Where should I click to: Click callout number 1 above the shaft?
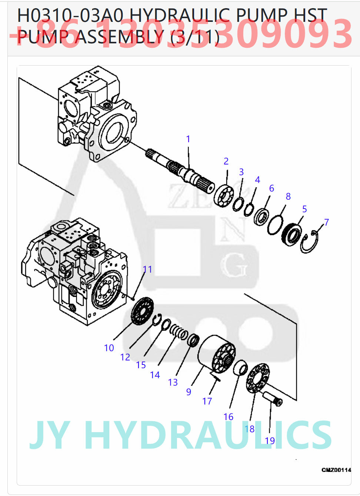(x=188, y=139)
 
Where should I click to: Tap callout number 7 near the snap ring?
(x=326, y=222)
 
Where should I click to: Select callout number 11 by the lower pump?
(x=147, y=269)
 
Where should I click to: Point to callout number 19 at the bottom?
(x=270, y=440)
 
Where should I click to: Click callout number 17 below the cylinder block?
(x=207, y=401)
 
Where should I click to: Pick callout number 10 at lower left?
(x=109, y=348)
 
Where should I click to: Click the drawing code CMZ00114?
(x=336, y=470)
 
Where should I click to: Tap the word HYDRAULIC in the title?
(x=181, y=16)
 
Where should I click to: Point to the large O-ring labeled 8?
(x=275, y=225)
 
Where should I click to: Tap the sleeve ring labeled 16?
(x=240, y=367)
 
